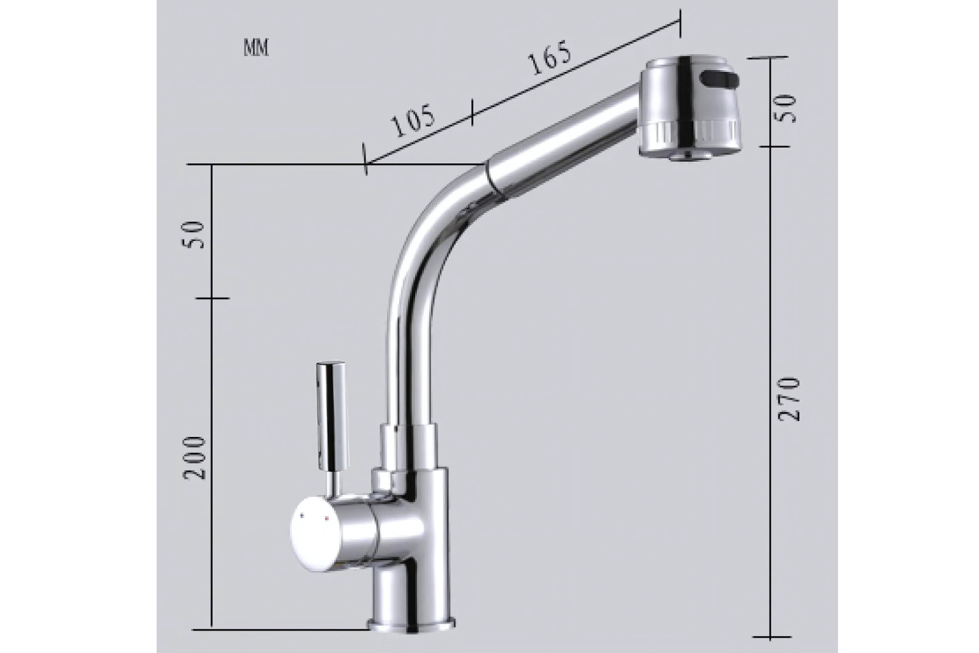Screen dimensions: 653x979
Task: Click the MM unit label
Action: [256, 48]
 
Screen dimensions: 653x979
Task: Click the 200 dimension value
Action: [194, 458]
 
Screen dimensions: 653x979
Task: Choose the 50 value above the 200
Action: [194, 234]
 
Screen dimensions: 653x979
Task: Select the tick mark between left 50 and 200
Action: [212, 298]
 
